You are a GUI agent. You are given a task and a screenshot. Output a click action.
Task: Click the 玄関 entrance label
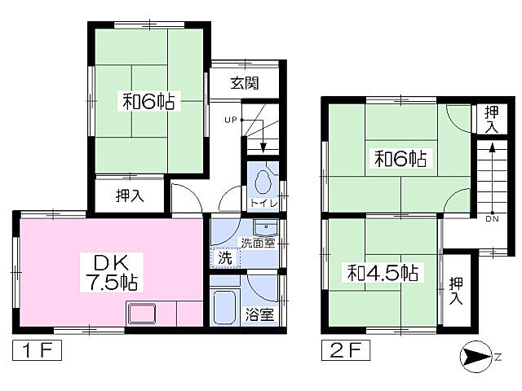click(x=245, y=83)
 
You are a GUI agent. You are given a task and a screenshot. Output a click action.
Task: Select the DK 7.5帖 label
click(x=112, y=273)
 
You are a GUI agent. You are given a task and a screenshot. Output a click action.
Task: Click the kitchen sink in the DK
click(x=142, y=314)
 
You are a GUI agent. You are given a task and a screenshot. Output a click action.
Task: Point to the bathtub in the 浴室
click(x=225, y=308)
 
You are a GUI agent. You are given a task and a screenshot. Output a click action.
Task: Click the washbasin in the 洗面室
click(x=266, y=228)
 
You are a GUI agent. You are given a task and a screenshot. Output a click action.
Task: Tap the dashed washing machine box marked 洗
click(x=225, y=258)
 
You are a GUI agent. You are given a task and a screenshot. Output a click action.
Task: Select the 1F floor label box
click(x=37, y=350)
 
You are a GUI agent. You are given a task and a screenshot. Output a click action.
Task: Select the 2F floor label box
click(x=346, y=350)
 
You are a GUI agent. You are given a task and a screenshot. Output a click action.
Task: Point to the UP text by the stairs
click(x=230, y=120)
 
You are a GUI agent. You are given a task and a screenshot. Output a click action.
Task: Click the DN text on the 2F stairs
click(x=492, y=219)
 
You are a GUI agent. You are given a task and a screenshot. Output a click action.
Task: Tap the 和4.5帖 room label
click(x=383, y=273)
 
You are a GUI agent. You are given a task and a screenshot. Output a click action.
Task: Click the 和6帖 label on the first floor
click(x=148, y=101)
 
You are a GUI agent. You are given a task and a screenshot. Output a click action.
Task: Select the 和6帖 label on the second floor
click(x=400, y=159)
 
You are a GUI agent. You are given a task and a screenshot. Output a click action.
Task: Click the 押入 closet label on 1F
click(x=130, y=195)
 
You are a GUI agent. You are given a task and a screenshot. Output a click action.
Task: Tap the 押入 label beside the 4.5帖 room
click(x=456, y=291)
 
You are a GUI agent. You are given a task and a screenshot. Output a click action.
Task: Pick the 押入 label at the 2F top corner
click(x=491, y=120)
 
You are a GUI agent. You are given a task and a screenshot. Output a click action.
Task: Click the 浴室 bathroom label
click(x=259, y=314)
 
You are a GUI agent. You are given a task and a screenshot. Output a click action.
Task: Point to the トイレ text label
click(x=264, y=203)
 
